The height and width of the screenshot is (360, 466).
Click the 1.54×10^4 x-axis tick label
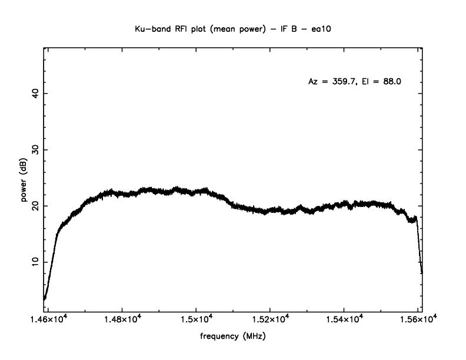(344, 319)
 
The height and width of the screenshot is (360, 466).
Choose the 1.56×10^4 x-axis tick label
(418, 319)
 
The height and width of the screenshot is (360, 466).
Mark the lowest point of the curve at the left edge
(45, 299)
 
